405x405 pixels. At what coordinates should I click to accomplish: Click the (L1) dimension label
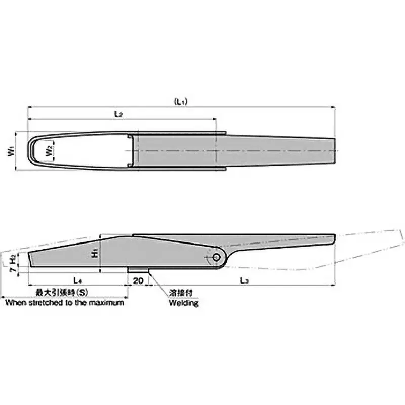pyautogui.click(x=181, y=102)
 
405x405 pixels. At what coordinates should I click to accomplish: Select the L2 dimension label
pyautogui.click(x=118, y=114)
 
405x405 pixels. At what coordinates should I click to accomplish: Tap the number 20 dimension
pyautogui.click(x=138, y=279)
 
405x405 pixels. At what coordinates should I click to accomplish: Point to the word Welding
pyautogui.click(x=183, y=303)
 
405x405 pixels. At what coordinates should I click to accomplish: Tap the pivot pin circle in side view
pyautogui.click(x=216, y=258)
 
